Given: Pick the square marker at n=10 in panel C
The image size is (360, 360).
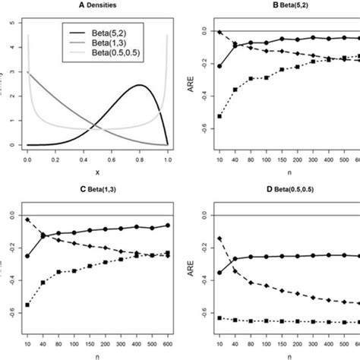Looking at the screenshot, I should click(28, 305).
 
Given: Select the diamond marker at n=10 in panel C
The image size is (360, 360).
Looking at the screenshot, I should click(28, 219).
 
